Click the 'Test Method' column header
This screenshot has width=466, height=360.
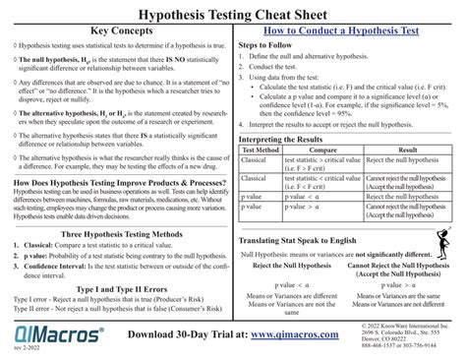pyautogui.click(x=259, y=150)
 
